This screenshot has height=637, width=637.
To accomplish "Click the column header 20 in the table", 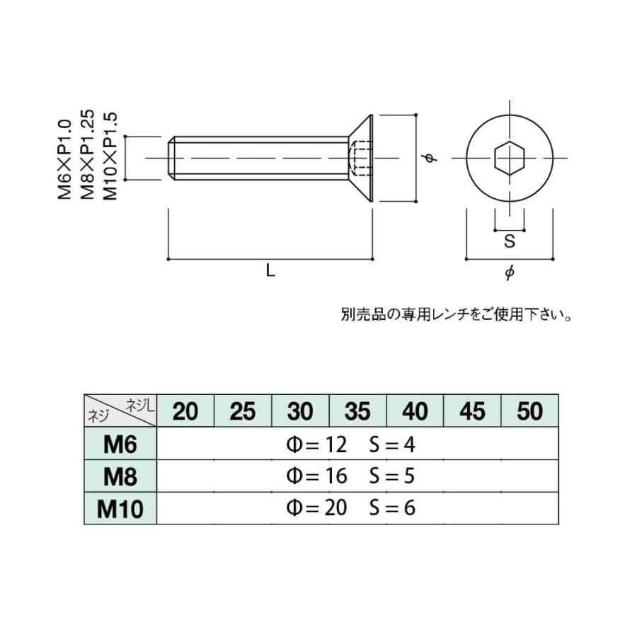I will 185,411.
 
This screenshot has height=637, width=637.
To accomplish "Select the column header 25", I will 242,411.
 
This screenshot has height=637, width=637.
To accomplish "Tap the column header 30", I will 300,411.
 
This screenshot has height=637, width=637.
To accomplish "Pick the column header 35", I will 357,411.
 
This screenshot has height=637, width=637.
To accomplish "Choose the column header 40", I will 415,411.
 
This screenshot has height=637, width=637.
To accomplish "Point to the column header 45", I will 472,411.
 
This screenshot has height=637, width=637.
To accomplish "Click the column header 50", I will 529,411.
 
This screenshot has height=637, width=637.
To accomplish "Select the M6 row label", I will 120,444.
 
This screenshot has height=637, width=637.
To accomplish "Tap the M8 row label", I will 120,476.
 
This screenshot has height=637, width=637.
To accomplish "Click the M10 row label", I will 120,509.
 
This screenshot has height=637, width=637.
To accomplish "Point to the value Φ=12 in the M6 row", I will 316,444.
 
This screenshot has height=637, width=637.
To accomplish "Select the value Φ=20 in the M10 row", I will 316,509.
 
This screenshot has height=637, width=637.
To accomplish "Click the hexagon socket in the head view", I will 509,158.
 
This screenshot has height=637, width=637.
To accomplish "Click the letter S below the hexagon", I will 509,241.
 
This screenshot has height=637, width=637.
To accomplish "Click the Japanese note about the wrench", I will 457,314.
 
